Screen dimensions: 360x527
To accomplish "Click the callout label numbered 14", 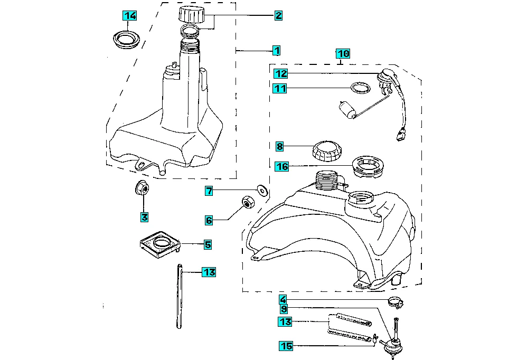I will click(130, 16).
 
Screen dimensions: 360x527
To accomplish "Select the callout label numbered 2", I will click(278, 16).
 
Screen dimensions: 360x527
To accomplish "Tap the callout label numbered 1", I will click(276, 51).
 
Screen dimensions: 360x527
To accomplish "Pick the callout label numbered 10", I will click(343, 53).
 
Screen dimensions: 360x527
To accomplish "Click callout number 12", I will click(280, 74).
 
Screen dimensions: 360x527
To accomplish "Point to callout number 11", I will click(280, 89).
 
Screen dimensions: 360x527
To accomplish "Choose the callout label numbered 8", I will click(280, 146).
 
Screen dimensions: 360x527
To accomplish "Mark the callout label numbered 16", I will click(283, 166).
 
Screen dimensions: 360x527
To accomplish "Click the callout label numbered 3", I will click(144, 216).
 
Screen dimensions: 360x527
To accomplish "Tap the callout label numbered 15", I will click(286, 346).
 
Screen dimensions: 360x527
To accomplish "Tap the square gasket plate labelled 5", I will click(161, 244).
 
